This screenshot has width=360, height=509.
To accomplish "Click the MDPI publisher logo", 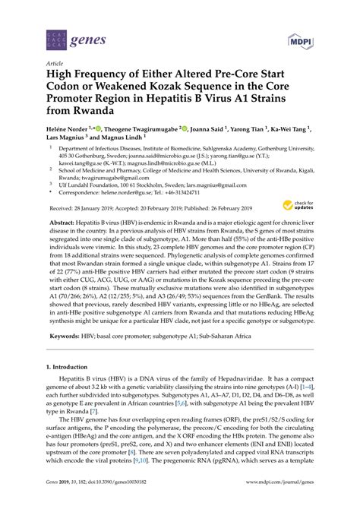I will coord(301,40).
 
